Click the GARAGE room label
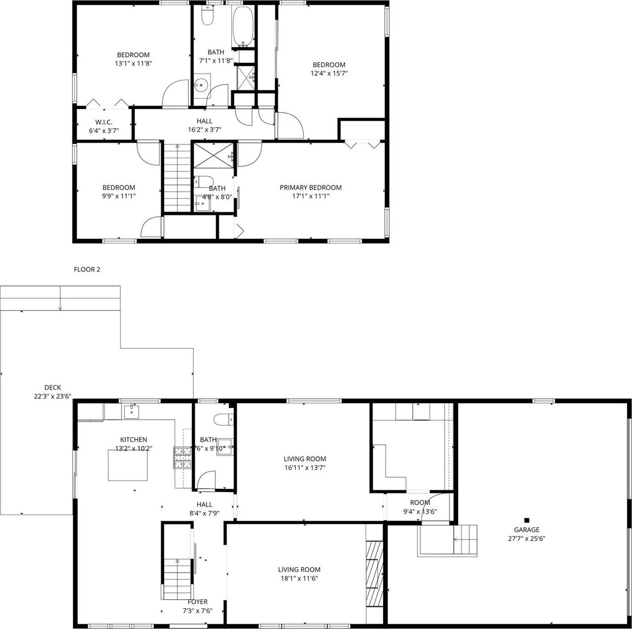tap(527, 530)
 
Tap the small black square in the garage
tap(527, 520)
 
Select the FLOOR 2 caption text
tap(87, 269)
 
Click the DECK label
tap(53, 387)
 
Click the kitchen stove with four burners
tap(183, 457)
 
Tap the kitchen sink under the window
tap(132, 411)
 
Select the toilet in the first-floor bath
tap(224, 419)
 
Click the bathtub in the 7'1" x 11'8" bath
tap(243, 26)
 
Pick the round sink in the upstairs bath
tap(201, 85)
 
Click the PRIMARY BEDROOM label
tap(310, 187)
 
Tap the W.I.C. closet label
tap(104, 122)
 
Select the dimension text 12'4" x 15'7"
tap(329, 73)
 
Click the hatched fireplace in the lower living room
tap(374, 572)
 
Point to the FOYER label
tap(197, 602)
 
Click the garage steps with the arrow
tap(465, 539)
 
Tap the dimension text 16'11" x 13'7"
tap(304, 467)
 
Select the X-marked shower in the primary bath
tap(213, 155)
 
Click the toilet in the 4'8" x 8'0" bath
tap(204, 181)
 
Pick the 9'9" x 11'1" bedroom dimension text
tap(119, 196)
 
